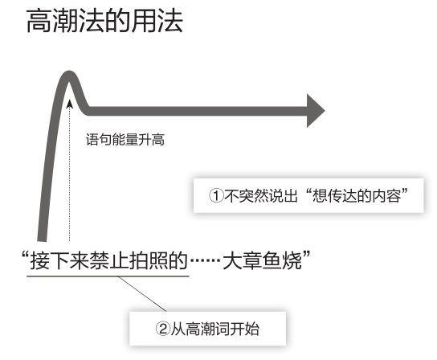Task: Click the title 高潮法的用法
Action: point(104,21)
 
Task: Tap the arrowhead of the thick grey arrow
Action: point(316,111)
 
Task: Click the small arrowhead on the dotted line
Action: point(70,104)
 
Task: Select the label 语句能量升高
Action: point(125,140)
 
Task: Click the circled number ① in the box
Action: point(216,195)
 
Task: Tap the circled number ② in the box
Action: point(163,329)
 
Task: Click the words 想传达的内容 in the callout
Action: point(357,195)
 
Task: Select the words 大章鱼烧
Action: point(262,260)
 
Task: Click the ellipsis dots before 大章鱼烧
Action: point(205,261)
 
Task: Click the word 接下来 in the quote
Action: point(59,260)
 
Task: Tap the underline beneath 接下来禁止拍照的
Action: point(108,276)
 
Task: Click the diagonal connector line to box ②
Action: point(142,294)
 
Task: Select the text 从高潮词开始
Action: point(214,329)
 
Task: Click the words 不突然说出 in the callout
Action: point(260,195)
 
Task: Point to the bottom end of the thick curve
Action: point(42,240)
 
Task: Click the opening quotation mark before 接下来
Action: point(26,256)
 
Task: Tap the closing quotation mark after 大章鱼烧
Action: point(306,256)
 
